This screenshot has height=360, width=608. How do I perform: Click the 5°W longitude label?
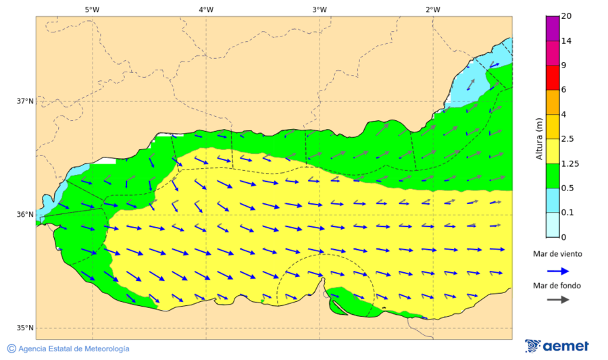[92, 9]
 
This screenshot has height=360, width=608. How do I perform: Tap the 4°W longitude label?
[206, 9]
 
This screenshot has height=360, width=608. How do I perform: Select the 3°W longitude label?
[320, 9]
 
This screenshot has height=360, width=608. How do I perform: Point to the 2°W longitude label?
[433, 9]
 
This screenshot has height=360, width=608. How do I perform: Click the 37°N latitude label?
[25, 101]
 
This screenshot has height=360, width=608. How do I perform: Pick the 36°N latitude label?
[25, 215]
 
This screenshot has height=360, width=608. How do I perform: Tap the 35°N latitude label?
[25, 328]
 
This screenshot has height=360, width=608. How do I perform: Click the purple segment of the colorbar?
[553, 28]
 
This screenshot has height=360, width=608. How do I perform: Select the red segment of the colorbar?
[553, 77]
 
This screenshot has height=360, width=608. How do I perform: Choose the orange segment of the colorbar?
[553, 102]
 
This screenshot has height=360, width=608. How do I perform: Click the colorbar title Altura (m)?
[539, 139]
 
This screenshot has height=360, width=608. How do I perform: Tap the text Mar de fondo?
[557, 285]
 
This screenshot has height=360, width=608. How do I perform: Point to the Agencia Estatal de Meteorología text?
[74, 349]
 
